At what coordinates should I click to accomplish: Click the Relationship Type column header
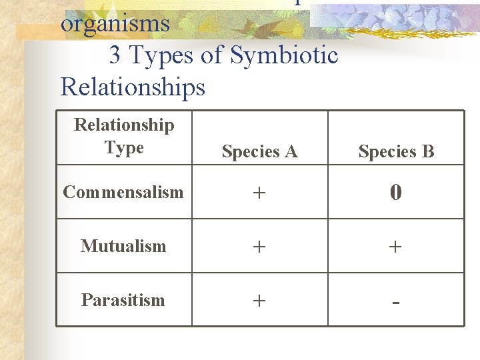124,136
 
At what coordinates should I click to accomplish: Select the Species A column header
259,152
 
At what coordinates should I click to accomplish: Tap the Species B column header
396,152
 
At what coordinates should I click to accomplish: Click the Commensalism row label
123,192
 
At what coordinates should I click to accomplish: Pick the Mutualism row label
123,246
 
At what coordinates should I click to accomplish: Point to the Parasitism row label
123,300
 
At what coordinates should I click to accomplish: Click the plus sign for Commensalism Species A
259,193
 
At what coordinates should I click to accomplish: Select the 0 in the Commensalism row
395,193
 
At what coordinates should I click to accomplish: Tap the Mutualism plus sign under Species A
259,247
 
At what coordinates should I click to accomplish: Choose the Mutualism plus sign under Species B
395,247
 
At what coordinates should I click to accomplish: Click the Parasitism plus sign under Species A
259,301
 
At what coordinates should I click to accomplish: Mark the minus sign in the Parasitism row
396,302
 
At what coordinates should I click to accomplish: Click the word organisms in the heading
115,24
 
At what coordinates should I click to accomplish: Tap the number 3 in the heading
115,55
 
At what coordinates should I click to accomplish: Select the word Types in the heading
159,56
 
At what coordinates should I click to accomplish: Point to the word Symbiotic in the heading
284,55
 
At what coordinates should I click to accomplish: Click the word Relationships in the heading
133,87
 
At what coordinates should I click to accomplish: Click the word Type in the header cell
124,147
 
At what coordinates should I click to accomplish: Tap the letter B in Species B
427,152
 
